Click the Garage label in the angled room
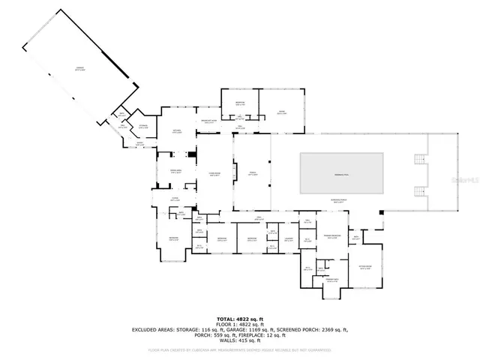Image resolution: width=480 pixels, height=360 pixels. click(79, 69)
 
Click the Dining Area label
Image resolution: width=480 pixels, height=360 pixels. click(175, 172)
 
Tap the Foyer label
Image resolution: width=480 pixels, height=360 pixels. click(174, 200)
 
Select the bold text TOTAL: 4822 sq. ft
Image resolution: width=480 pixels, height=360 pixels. click(240, 319)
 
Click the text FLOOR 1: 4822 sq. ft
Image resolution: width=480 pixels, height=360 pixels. click(240, 324)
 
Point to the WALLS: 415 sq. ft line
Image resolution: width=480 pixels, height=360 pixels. click(240, 340)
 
